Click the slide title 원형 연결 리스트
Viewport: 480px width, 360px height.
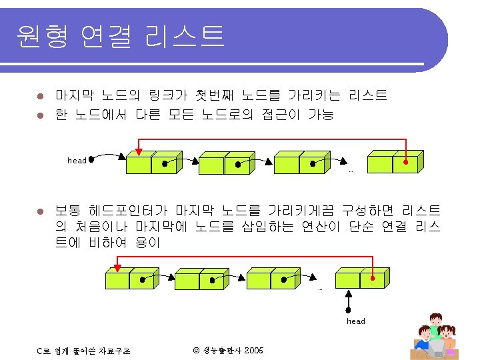pyautogui.click(x=121, y=35)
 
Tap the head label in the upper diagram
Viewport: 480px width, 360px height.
pyautogui.click(x=77, y=161)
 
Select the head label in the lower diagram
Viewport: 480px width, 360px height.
pyautogui.click(x=356, y=321)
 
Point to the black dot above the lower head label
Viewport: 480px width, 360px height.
pyautogui.click(x=349, y=309)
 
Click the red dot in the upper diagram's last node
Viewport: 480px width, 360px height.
pyautogui.click(x=406, y=161)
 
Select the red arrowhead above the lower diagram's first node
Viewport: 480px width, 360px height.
pyautogui.click(x=118, y=269)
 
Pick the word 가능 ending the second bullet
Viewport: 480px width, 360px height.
pyautogui.click(x=321, y=115)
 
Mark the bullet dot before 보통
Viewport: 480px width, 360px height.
pyautogui.click(x=41, y=211)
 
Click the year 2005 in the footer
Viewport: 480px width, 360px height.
pyautogui.click(x=254, y=350)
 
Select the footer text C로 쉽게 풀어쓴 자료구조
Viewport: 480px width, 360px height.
pyautogui.click(x=83, y=351)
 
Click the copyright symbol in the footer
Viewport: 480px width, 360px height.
pyautogui.click(x=196, y=350)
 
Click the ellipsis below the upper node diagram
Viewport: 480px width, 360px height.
pyautogui.click(x=351, y=172)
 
